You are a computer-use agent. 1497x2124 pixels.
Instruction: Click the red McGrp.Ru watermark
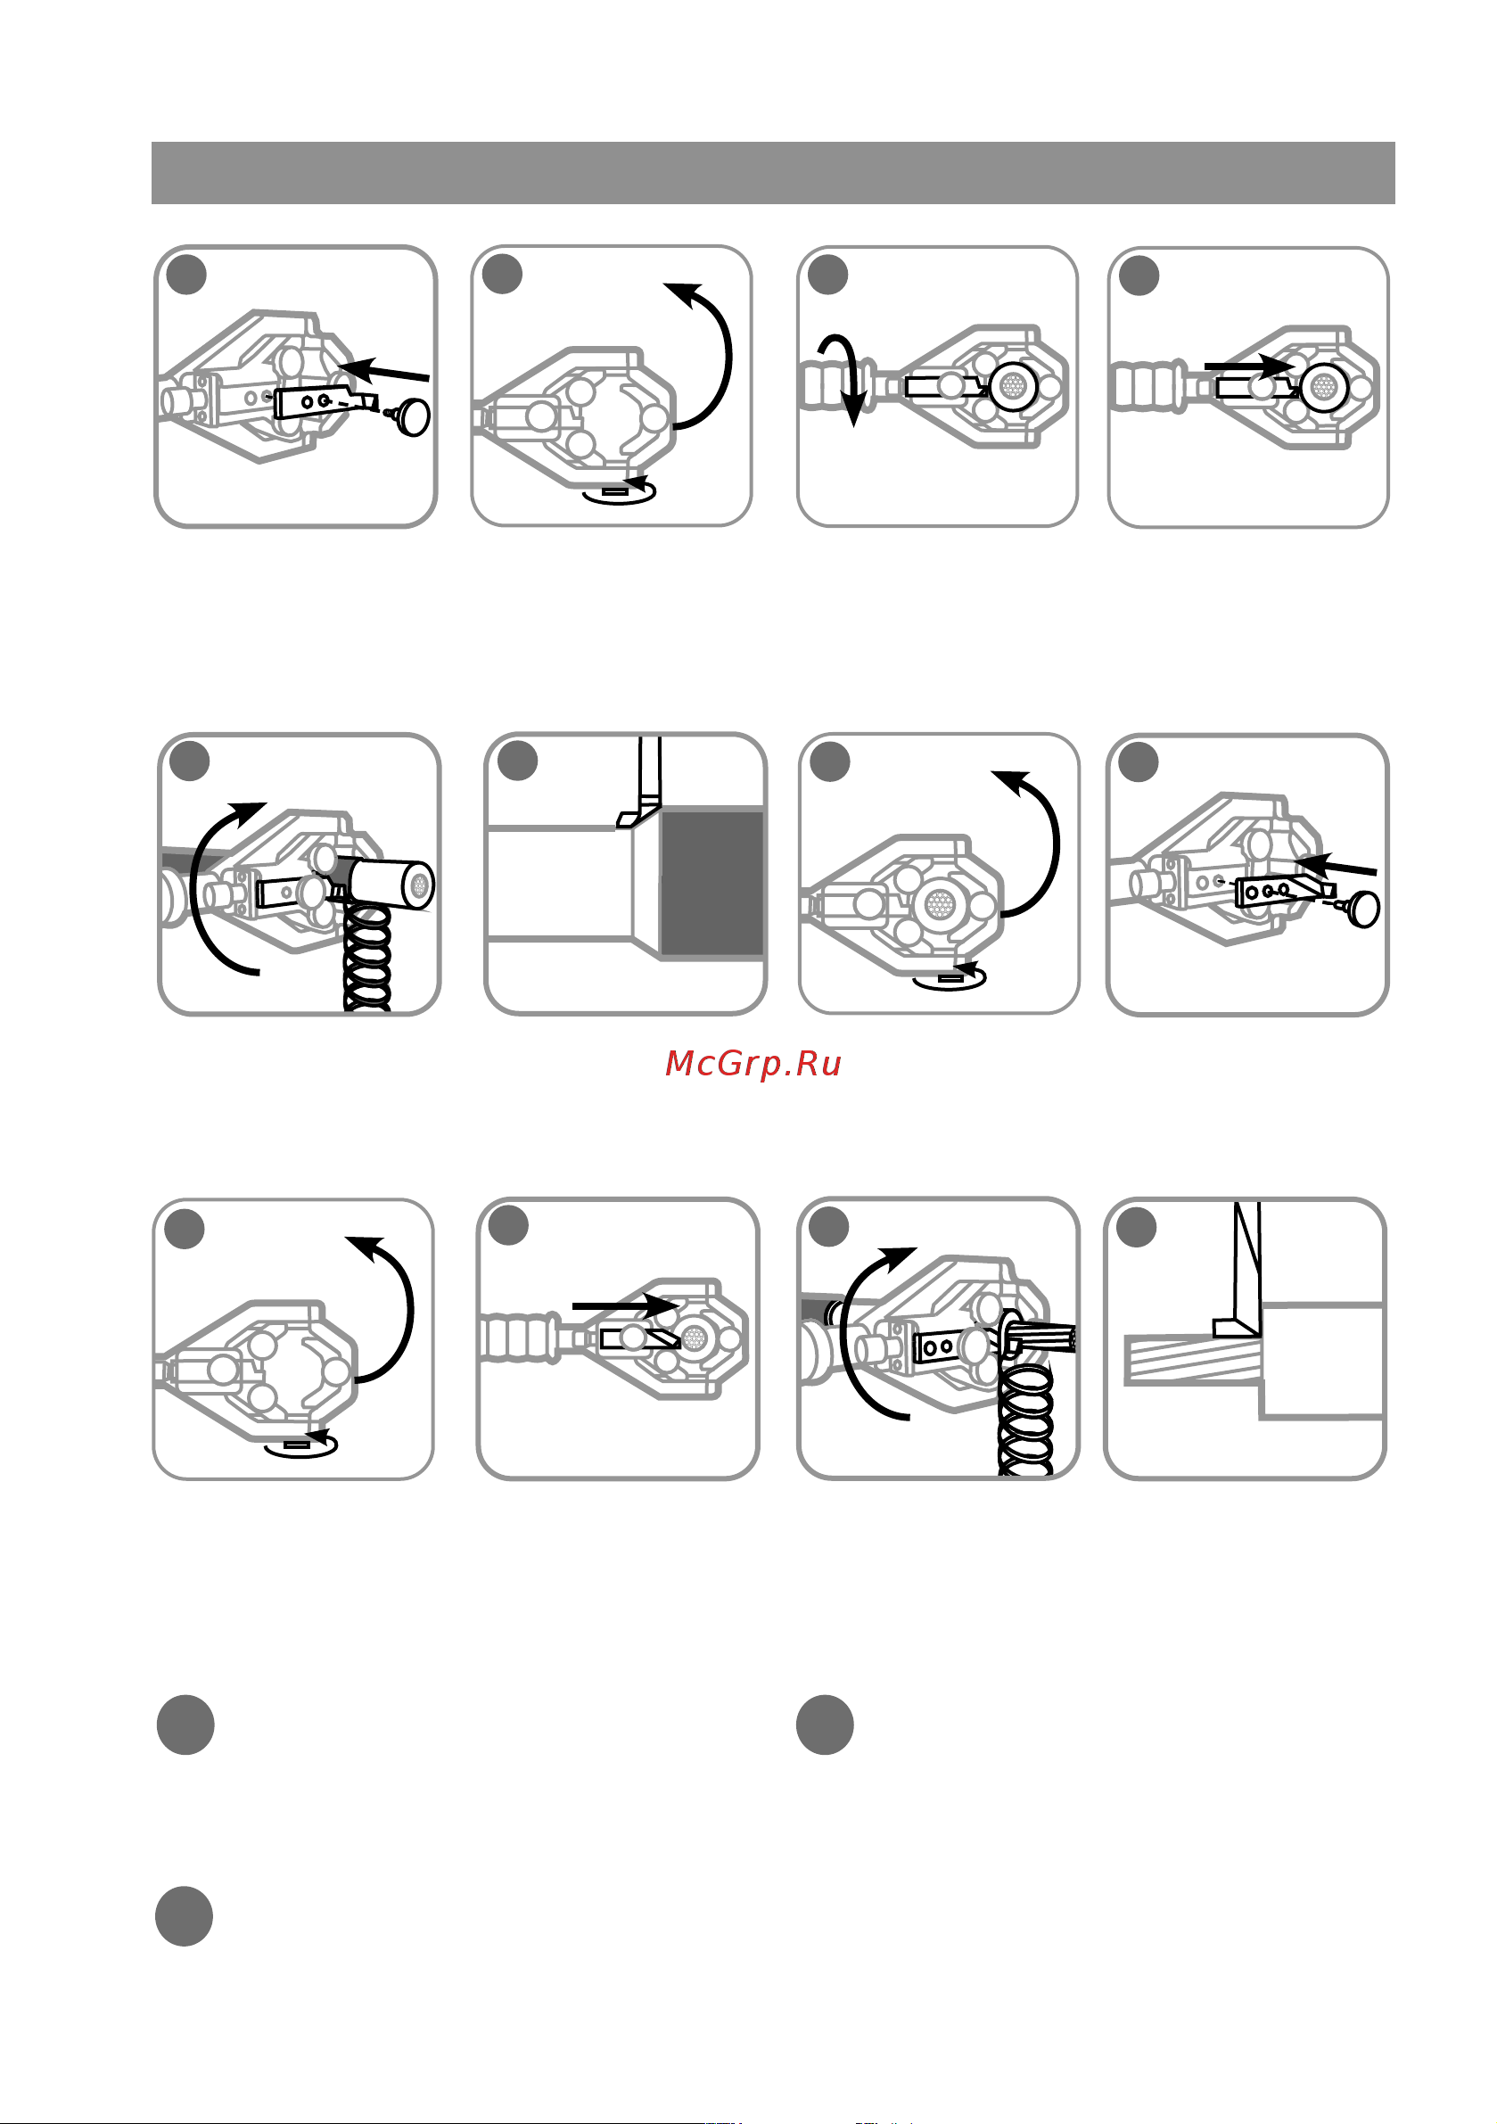pyautogui.click(x=753, y=1064)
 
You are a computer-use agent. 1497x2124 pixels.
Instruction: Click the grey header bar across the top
pyautogui.click(x=772, y=173)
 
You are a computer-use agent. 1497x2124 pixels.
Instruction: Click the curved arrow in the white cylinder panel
pyautogui.click(x=222, y=888)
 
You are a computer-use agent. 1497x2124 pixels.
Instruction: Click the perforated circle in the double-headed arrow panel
pyautogui.click(x=1015, y=386)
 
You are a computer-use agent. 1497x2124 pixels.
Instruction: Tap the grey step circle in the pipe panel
pyautogui.click(x=517, y=761)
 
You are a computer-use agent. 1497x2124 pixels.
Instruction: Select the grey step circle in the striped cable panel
pyautogui.click(x=1136, y=1228)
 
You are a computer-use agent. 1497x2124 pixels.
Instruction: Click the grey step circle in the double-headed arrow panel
pyautogui.click(x=828, y=275)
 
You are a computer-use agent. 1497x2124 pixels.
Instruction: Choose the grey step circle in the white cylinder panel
pyautogui.click(x=190, y=761)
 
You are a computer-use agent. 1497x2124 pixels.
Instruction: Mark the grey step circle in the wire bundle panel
pyautogui.click(x=829, y=1226)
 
